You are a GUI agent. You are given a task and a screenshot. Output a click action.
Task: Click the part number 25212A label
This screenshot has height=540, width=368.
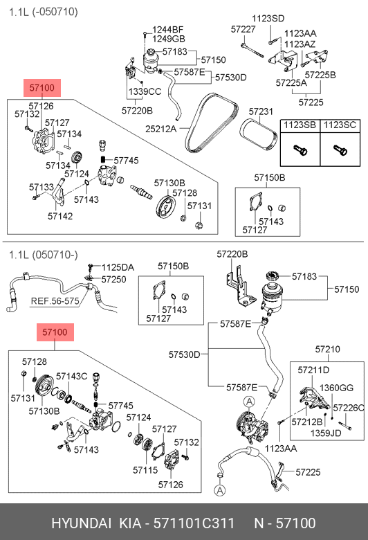[160, 129]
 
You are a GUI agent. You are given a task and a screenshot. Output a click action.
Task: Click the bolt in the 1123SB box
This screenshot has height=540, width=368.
[300, 150]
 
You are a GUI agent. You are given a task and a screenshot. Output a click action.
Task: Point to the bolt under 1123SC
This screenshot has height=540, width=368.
[340, 150]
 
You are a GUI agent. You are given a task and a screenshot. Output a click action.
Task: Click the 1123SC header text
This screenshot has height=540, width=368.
[340, 125]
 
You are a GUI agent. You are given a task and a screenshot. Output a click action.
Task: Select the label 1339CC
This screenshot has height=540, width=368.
[145, 91]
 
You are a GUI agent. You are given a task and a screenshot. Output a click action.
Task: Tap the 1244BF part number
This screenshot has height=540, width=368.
[168, 30]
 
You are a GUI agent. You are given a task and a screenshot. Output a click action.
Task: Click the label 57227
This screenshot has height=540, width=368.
[243, 29]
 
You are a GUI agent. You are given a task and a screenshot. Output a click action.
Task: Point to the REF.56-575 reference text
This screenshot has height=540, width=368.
[55, 301]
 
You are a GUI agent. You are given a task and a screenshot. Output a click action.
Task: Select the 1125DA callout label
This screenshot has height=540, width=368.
[118, 268]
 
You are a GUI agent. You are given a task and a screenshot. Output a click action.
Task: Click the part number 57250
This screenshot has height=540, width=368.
[113, 279]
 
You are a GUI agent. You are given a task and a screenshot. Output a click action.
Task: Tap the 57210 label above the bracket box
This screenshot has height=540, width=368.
[327, 349]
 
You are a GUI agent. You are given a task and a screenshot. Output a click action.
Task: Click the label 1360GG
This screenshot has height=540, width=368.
[336, 388]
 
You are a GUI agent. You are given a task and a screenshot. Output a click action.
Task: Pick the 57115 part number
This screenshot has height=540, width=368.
[145, 470]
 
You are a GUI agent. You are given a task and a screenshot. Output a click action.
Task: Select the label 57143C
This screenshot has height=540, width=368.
[72, 377]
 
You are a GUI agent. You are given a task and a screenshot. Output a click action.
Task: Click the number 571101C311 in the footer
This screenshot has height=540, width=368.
[194, 523]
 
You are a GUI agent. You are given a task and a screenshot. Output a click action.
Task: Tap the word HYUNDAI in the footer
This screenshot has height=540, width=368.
[81, 523]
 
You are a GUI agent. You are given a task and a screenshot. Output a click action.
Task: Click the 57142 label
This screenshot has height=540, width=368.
[60, 216]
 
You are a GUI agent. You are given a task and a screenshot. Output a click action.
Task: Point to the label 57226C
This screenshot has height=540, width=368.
[349, 408]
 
